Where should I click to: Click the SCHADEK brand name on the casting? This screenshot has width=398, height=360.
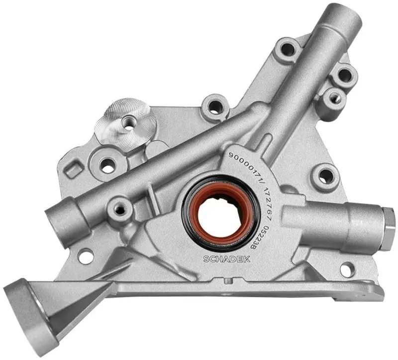(x=227, y=259)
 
